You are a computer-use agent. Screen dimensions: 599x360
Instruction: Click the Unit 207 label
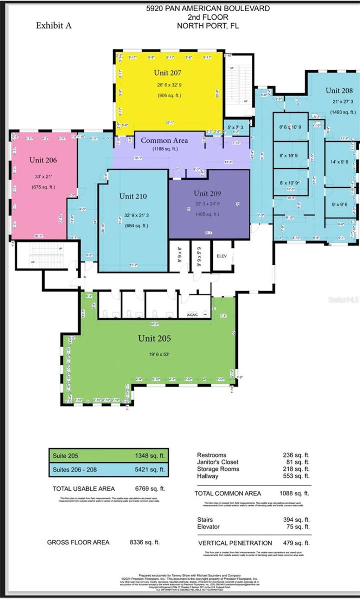(x=168, y=73)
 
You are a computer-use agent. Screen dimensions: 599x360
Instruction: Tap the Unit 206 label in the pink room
(x=43, y=160)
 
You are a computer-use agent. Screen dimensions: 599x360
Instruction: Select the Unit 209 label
(x=207, y=193)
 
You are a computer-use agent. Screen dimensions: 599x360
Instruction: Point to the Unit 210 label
(x=133, y=196)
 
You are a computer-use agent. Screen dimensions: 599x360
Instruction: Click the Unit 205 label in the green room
(x=154, y=338)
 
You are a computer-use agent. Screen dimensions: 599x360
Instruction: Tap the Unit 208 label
(x=339, y=90)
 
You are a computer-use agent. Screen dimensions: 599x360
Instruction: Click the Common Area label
(x=164, y=140)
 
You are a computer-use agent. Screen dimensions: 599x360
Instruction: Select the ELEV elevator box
(x=222, y=256)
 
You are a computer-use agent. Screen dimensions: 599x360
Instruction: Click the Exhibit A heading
(x=53, y=25)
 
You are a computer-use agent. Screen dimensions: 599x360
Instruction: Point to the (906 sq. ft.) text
(x=169, y=95)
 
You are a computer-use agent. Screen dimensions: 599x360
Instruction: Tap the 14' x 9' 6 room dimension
(x=339, y=162)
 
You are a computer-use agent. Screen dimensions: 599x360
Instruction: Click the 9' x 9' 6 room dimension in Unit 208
(x=339, y=204)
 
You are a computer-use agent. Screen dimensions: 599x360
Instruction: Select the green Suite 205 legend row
(x=108, y=456)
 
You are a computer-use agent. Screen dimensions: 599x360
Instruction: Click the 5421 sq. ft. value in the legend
(x=150, y=470)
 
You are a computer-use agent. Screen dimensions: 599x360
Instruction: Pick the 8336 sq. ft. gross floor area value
(x=144, y=542)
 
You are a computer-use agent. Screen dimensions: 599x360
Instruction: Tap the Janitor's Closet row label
(x=218, y=462)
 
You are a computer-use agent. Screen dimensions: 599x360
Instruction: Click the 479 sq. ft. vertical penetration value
(x=296, y=543)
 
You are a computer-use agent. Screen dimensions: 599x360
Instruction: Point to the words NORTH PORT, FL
(x=208, y=26)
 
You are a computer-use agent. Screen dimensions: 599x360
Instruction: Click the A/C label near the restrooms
(x=192, y=315)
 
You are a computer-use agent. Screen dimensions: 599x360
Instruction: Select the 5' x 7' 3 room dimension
(x=235, y=128)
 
